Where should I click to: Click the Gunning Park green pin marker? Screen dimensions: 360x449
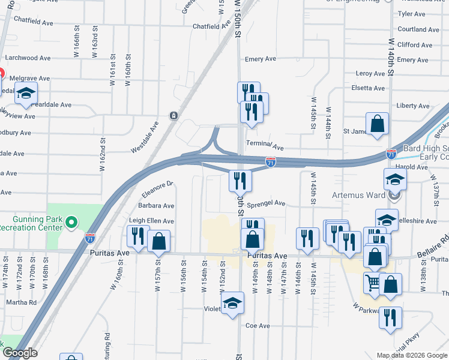click(x=71, y=223)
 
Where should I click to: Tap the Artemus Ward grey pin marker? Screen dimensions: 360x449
click(x=394, y=195)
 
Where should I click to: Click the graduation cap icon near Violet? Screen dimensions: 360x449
click(x=232, y=303)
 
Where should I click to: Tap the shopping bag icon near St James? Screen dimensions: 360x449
click(x=378, y=124)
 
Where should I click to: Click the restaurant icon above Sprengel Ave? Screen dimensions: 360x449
click(x=239, y=179)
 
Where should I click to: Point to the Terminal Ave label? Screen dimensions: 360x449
click(x=265, y=146)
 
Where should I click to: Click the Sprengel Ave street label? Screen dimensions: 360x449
click(x=267, y=203)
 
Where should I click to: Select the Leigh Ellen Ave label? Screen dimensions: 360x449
click(x=151, y=221)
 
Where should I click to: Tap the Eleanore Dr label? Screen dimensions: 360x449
click(x=157, y=189)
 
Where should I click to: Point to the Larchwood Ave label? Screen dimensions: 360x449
click(x=28, y=58)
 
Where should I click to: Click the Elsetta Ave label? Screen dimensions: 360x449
click(x=368, y=88)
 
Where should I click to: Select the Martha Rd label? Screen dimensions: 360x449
click(x=23, y=302)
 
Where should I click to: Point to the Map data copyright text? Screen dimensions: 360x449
click(x=412, y=355)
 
